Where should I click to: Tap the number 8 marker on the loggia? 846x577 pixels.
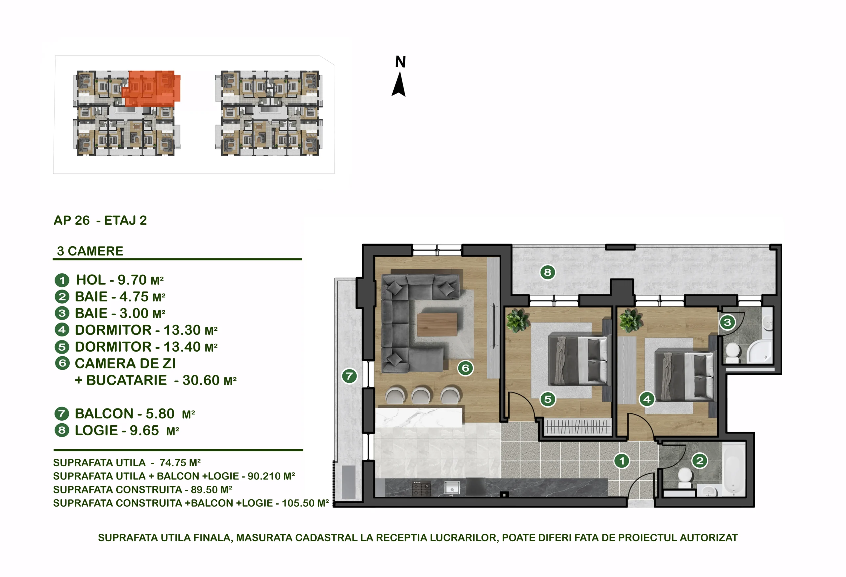[x=548, y=272]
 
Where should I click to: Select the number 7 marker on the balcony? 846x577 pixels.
[x=349, y=376]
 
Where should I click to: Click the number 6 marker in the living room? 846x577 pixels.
[x=465, y=368]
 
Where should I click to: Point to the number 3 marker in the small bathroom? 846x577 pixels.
[x=727, y=322]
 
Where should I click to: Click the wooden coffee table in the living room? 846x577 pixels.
[x=437, y=325]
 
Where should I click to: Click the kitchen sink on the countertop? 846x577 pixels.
[x=452, y=488]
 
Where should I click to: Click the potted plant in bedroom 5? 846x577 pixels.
[x=517, y=321]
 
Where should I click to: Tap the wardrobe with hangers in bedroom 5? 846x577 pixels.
[x=577, y=427]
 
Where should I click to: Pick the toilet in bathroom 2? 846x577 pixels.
[x=685, y=477]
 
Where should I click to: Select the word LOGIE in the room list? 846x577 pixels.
[x=96, y=430]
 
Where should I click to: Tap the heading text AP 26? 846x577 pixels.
[x=71, y=220]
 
